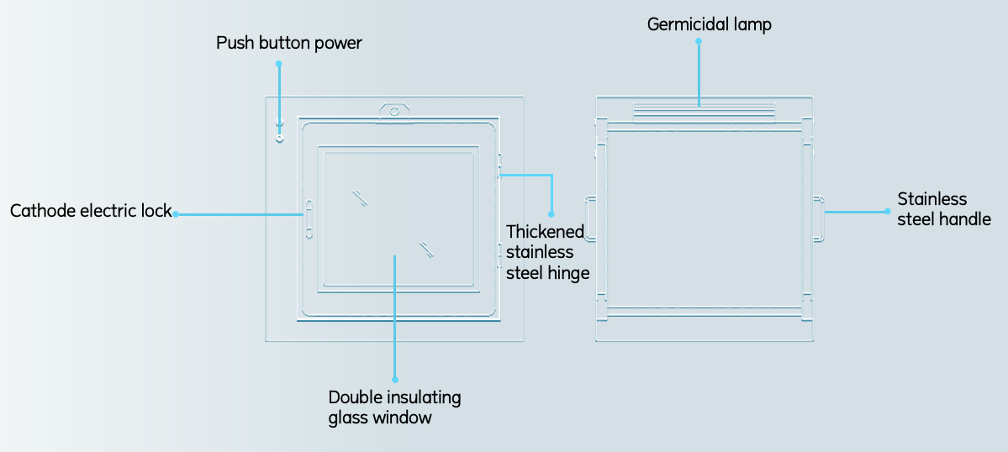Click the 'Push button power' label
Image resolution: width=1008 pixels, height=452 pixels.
click(x=288, y=43)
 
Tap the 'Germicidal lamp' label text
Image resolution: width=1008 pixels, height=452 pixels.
click(x=709, y=24)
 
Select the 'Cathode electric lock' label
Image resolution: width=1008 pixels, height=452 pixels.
click(x=91, y=211)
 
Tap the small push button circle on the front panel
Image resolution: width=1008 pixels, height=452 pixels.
click(x=280, y=138)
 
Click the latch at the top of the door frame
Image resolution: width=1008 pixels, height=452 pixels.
click(x=393, y=111)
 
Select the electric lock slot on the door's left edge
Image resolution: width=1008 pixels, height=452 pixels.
click(x=309, y=219)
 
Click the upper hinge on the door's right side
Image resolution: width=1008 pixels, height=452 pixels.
click(x=499, y=166)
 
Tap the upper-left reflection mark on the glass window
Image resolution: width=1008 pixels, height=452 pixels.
click(x=360, y=197)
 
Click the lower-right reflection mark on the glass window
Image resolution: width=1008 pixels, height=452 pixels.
click(x=426, y=249)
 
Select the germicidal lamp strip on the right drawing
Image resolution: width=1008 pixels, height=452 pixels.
click(x=704, y=113)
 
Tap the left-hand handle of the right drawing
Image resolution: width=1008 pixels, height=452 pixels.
click(x=590, y=218)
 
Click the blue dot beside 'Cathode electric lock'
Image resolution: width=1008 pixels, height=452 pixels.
click(x=176, y=214)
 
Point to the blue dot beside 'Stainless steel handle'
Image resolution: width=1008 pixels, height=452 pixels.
click(x=887, y=212)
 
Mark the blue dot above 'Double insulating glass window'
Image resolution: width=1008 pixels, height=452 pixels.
click(x=394, y=380)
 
